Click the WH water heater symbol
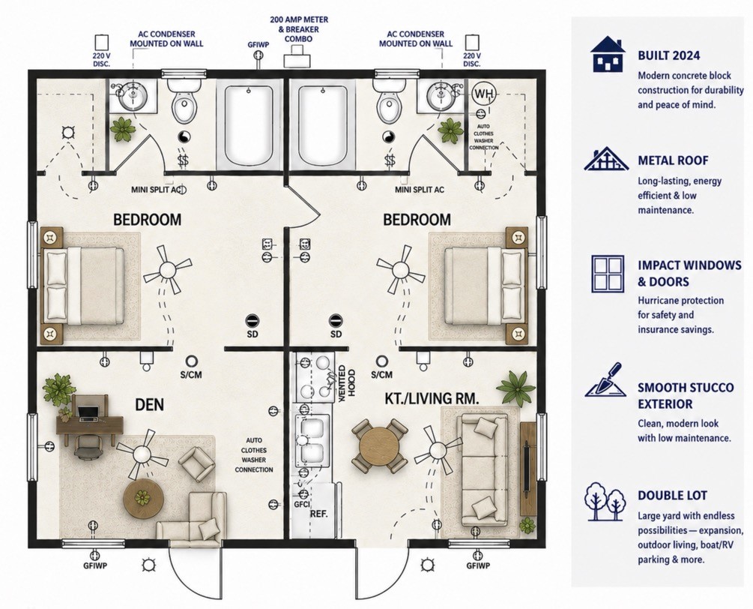pyautogui.click(x=483, y=94)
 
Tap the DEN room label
pyautogui.click(x=149, y=404)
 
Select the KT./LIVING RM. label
pyautogui.click(x=432, y=398)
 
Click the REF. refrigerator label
pyautogui.click(x=319, y=513)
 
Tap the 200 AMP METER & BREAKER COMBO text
pyautogui.click(x=299, y=29)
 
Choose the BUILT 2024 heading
pyautogui.click(x=668, y=55)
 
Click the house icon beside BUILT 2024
pyautogui.click(x=608, y=53)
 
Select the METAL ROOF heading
pyautogui.click(x=673, y=160)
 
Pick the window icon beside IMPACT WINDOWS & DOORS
pyautogui.click(x=608, y=274)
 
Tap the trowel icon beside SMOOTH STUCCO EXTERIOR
pyautogui.click(x=605, y=379)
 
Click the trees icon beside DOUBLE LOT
pyautogui.click(x=605, y=501)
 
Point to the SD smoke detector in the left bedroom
pyautogui.click(x=252, y=320)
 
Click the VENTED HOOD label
pyautogui.click(x=347, y=380)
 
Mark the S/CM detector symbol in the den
pyautogui.click(x=191, y=361)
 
